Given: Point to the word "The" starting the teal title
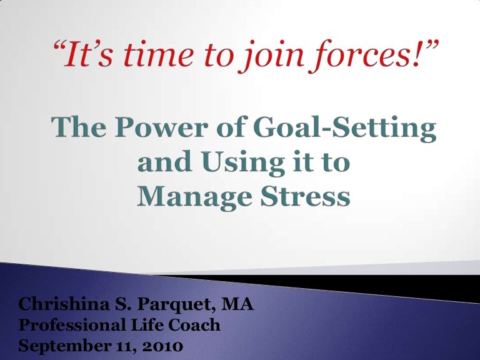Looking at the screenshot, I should click(79, 129).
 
